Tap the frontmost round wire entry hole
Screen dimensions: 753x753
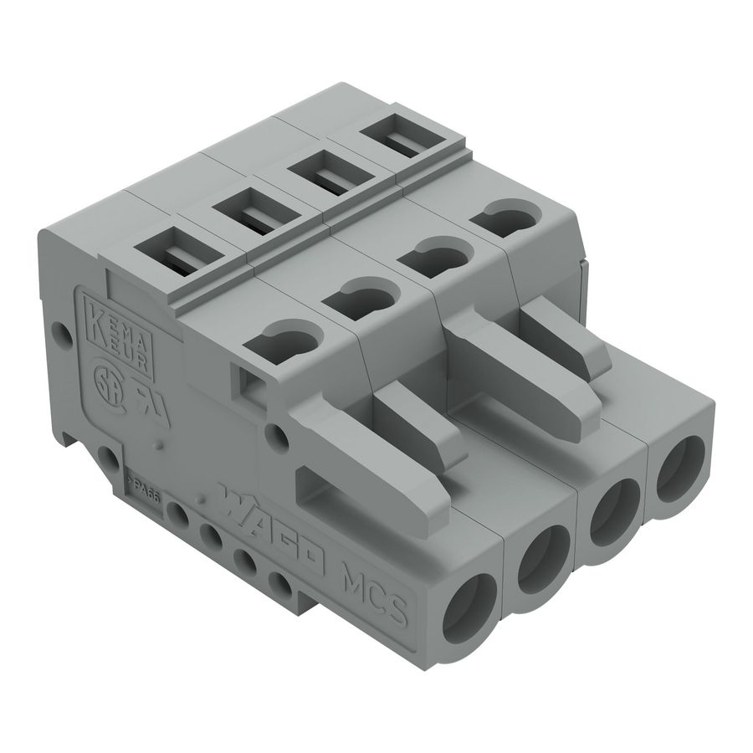click(x=470, y=612)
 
